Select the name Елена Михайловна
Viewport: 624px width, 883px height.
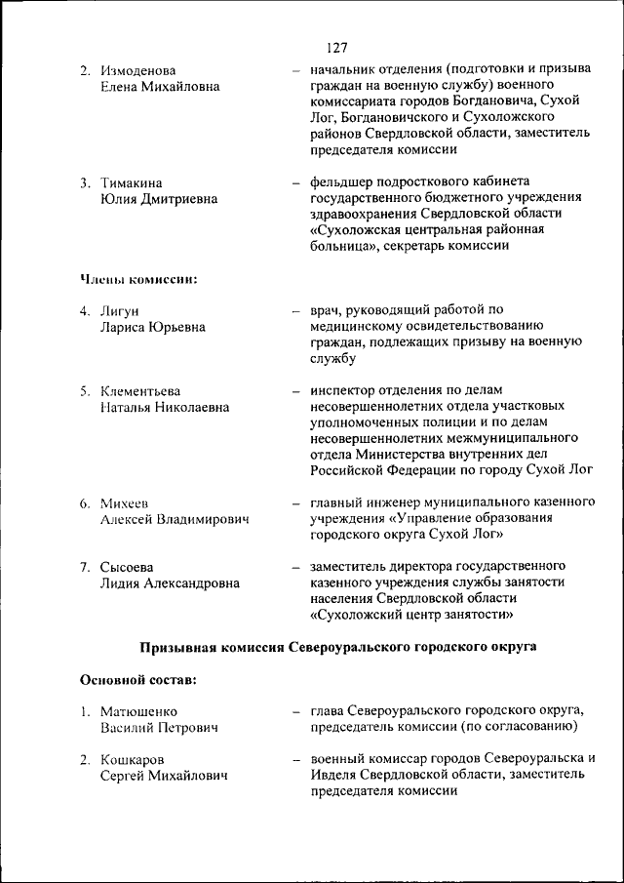pyautogui.click(x=160, y=87)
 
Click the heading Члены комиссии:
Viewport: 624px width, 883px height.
pyautogui.click(x=138, y=279)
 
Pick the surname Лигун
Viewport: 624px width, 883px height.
pyautogui.click(x=121, y=311)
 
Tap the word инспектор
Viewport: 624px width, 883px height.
pyautogui.click(x=344, y=391)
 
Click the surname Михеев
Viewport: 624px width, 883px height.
pyautogui.click(x=125, y=503)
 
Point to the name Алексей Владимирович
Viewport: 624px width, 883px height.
pyautogui.click(x=175, y=520)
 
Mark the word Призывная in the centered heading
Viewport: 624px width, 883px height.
pyautogui.click(x=181, y=646)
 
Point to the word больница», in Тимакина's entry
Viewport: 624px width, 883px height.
pyautogui.click(x=347, y=247)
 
